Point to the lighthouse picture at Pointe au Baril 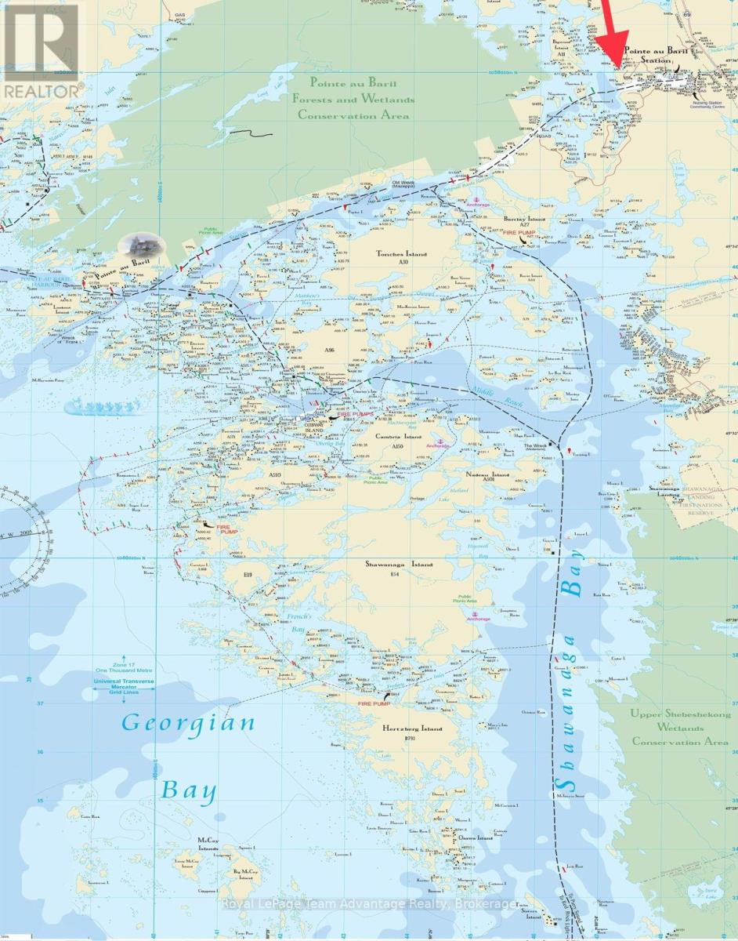click(x=141, y=245)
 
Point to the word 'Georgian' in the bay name click(x=187, y=723)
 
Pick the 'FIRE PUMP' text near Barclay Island click(x=521, y=234)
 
